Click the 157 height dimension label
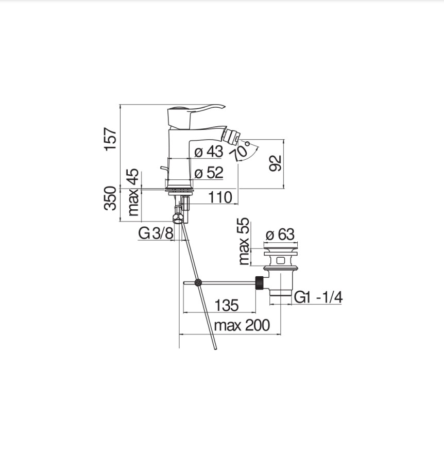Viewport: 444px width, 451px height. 111,139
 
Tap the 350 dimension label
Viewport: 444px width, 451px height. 111,198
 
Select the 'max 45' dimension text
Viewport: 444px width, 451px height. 133,192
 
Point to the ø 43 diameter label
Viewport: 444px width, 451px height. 209,152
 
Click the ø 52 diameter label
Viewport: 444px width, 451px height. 209,173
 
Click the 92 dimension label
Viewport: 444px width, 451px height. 275,163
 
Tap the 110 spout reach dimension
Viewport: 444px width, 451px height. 220,197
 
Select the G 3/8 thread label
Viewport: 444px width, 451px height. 156,233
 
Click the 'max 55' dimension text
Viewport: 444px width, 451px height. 244,241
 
